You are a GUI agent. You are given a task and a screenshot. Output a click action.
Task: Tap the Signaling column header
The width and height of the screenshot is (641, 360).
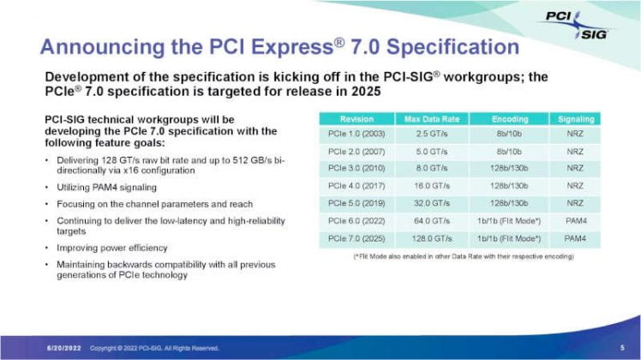coord(574,119)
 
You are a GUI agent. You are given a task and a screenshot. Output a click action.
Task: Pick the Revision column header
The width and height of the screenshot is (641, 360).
coord(356,119)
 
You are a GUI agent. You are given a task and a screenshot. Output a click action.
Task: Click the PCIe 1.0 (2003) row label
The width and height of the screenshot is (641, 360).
coord(356,135)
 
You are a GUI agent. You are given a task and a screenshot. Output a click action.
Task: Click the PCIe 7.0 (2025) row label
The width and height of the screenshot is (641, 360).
coord(356,237)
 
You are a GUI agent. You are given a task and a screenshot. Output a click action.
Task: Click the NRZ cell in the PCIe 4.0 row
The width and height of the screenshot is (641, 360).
coord(574,186)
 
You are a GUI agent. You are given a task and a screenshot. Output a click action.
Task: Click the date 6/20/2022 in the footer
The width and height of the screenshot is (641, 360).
coord(63,348)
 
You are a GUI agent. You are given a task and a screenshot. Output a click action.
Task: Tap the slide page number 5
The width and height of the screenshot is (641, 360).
coord(621,348)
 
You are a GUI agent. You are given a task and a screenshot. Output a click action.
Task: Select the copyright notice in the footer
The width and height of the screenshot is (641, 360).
coord(154,348)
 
